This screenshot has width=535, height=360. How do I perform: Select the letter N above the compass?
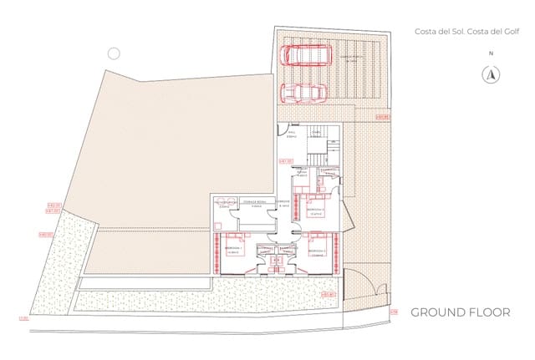[491, 53]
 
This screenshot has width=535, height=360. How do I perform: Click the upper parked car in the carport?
[304, 55]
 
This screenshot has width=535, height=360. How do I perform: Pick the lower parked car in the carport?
[302, 93]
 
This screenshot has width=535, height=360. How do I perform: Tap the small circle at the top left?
[115, 53]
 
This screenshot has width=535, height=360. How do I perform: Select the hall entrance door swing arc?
[283, 131]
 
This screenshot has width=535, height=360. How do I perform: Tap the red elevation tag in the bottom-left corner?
[23, 317]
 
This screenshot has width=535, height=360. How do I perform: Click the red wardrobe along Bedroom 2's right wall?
[337, 249]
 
